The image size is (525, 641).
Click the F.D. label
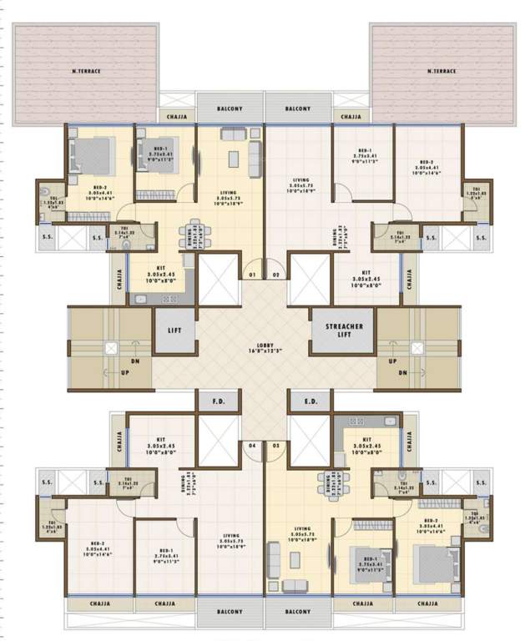pos(219,401)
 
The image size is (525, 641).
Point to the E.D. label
pos(311,401)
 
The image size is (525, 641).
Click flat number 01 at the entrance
pos(252,274)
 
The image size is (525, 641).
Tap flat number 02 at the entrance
pos(276,274)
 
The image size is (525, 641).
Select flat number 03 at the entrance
pos(276,447)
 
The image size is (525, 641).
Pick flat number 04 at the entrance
pos(252,447)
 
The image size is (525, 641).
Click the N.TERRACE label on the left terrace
pos(86,72)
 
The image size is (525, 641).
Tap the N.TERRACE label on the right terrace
pos(442,72)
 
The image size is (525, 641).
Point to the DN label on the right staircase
pos(402,373)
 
